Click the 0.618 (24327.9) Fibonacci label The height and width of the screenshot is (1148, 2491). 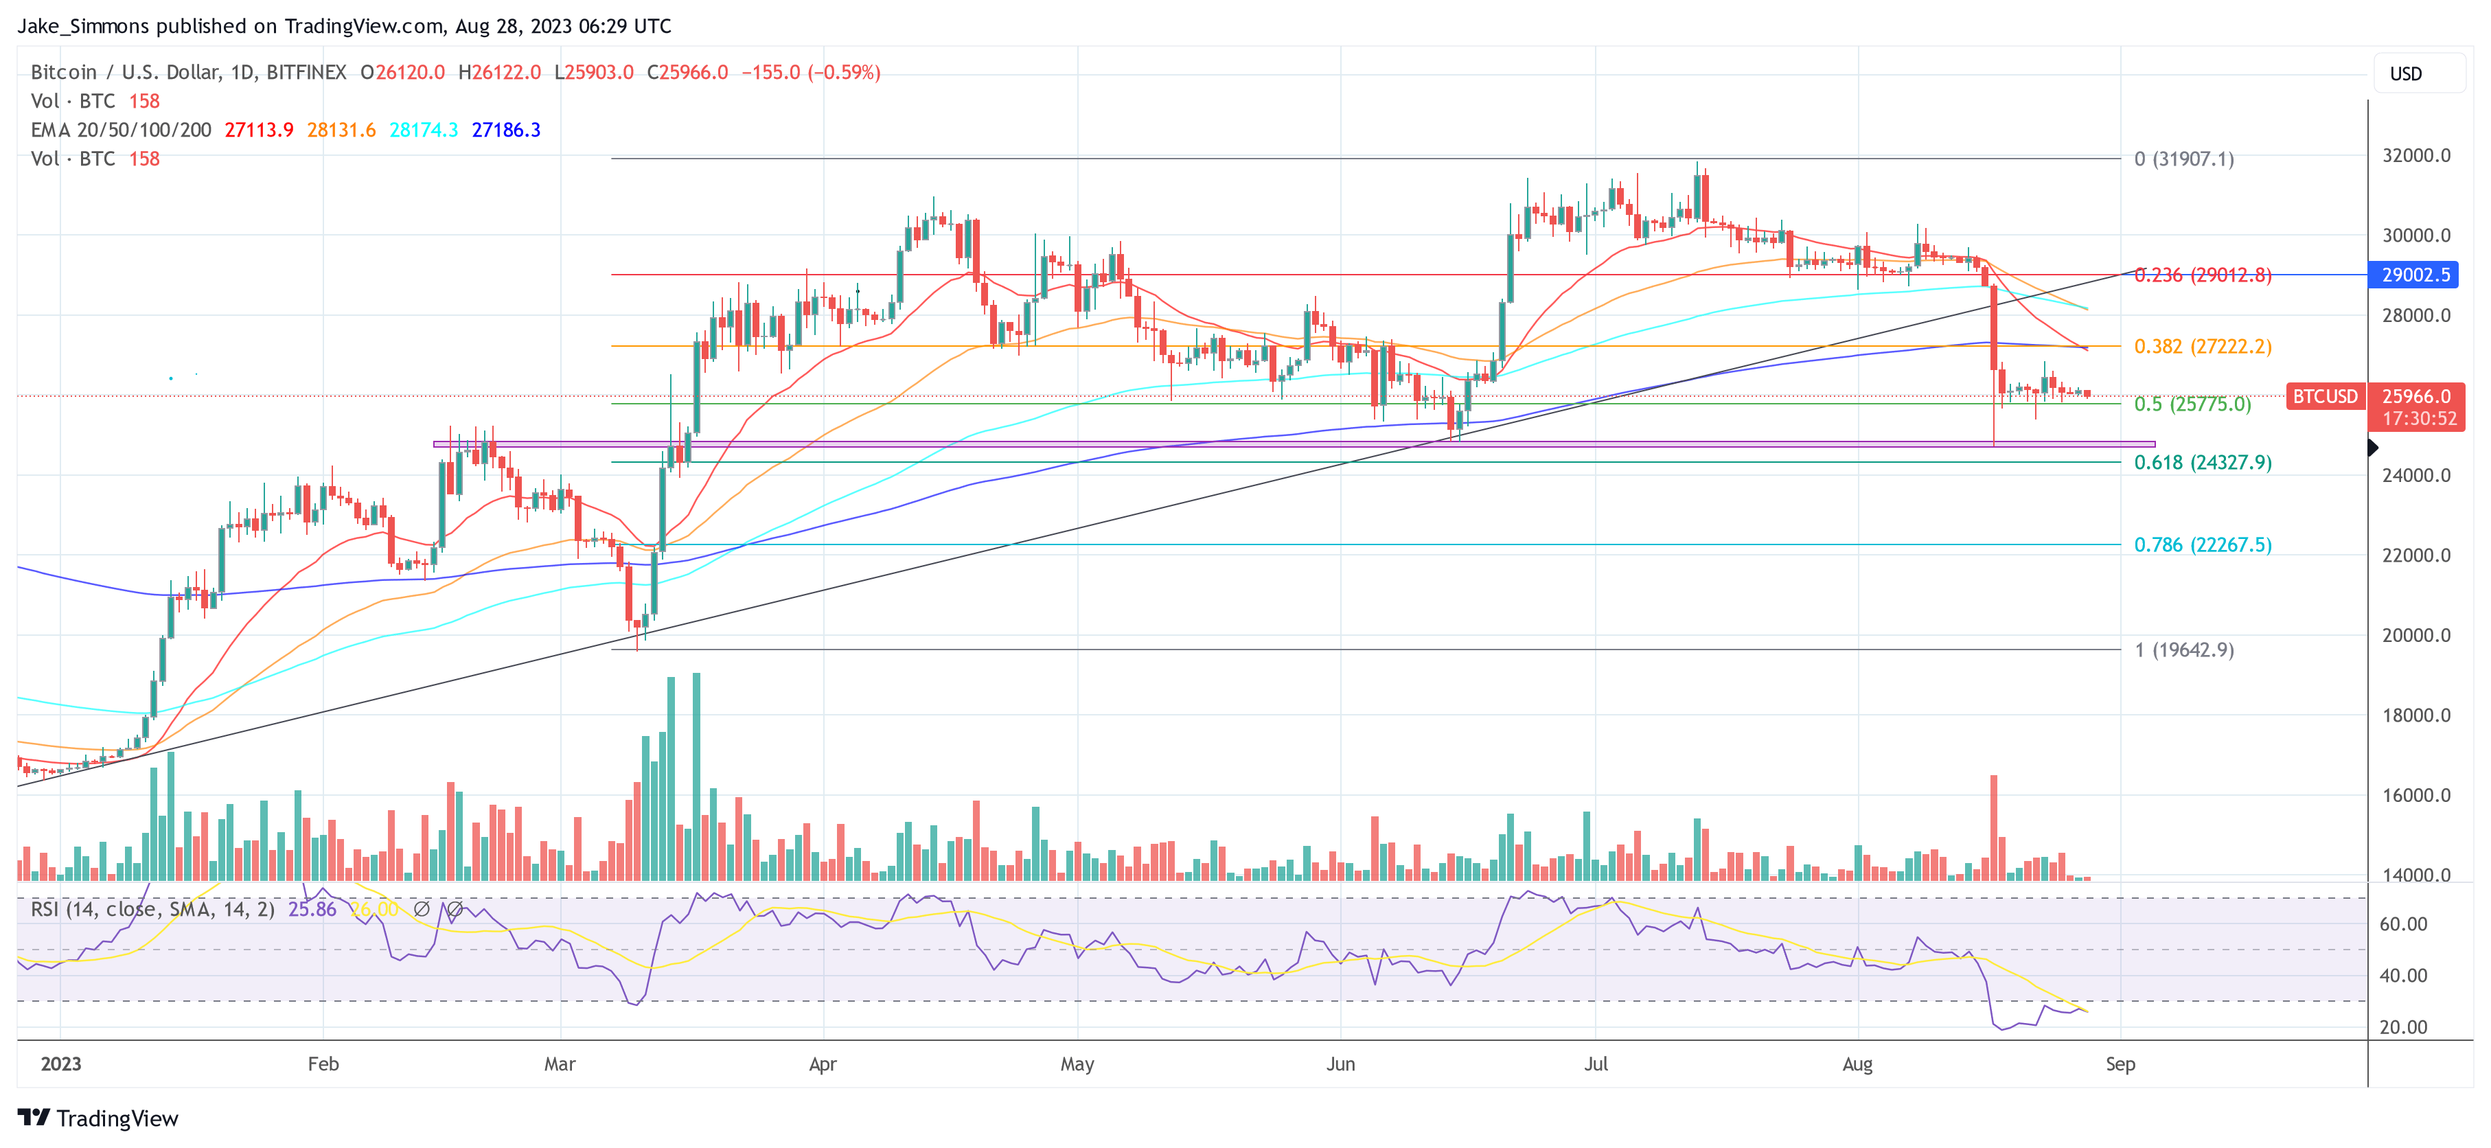(2202, 462)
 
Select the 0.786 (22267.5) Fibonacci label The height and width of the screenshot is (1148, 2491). (2202, 544)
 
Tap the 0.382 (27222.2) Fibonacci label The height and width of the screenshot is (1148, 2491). (2202, 346)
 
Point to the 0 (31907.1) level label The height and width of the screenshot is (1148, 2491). (2183, 159)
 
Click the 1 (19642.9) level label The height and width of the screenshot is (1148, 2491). (2183, 650)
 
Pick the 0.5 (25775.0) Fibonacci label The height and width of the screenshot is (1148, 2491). (2192, 404)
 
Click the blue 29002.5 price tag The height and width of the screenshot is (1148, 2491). (2415, 275)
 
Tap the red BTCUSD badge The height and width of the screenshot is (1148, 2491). (2325, 397)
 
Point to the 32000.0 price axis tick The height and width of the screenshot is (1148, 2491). (2415, 156)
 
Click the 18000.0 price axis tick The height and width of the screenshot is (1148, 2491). (2415, 715)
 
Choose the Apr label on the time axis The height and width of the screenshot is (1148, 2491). (822, 1064)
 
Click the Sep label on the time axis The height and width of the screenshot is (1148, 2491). (2120, 1064)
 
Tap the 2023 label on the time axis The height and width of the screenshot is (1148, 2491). (61, 1064)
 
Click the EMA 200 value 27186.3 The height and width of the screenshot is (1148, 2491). (506, 130)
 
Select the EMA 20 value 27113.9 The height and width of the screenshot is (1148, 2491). (258, 130)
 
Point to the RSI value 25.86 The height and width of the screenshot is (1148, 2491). (312, 909)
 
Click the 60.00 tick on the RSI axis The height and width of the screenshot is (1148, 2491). (2402, 923)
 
